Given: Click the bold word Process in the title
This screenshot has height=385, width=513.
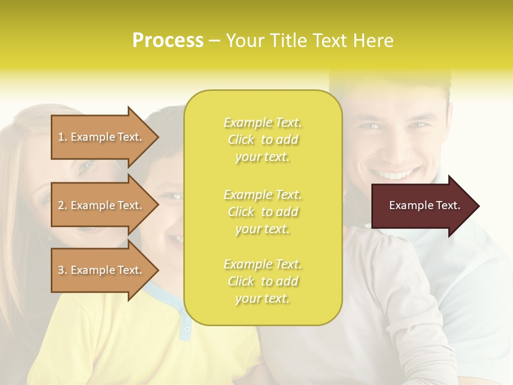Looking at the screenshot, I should (x=168, y=41).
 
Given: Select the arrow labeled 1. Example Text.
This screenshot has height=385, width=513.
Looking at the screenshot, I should (x=102, y=137).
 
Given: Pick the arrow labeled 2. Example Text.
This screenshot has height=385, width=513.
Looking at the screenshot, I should (x=102, y=205).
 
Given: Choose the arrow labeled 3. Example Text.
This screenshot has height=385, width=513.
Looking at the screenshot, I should (x=102, y=270).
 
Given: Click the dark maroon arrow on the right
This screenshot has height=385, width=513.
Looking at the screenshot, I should (x=422, y=206).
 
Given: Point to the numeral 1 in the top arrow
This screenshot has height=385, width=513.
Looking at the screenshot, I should (x=61, y=137).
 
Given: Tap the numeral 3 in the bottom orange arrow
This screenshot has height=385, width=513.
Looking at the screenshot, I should (x=61, y=270).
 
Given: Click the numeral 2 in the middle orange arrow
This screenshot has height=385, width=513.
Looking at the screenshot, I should (x=61, y=205).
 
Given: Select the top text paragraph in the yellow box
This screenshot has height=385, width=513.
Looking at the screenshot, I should (x=262, y=140).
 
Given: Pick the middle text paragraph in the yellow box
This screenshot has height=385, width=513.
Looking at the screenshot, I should (x=262, y=212).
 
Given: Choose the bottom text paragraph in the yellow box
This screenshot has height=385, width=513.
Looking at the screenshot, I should (x=262, y=281).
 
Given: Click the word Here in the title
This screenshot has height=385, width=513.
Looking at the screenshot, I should (x=374, y=41).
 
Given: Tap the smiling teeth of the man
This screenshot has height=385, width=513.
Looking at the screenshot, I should (x=395, y=174).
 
